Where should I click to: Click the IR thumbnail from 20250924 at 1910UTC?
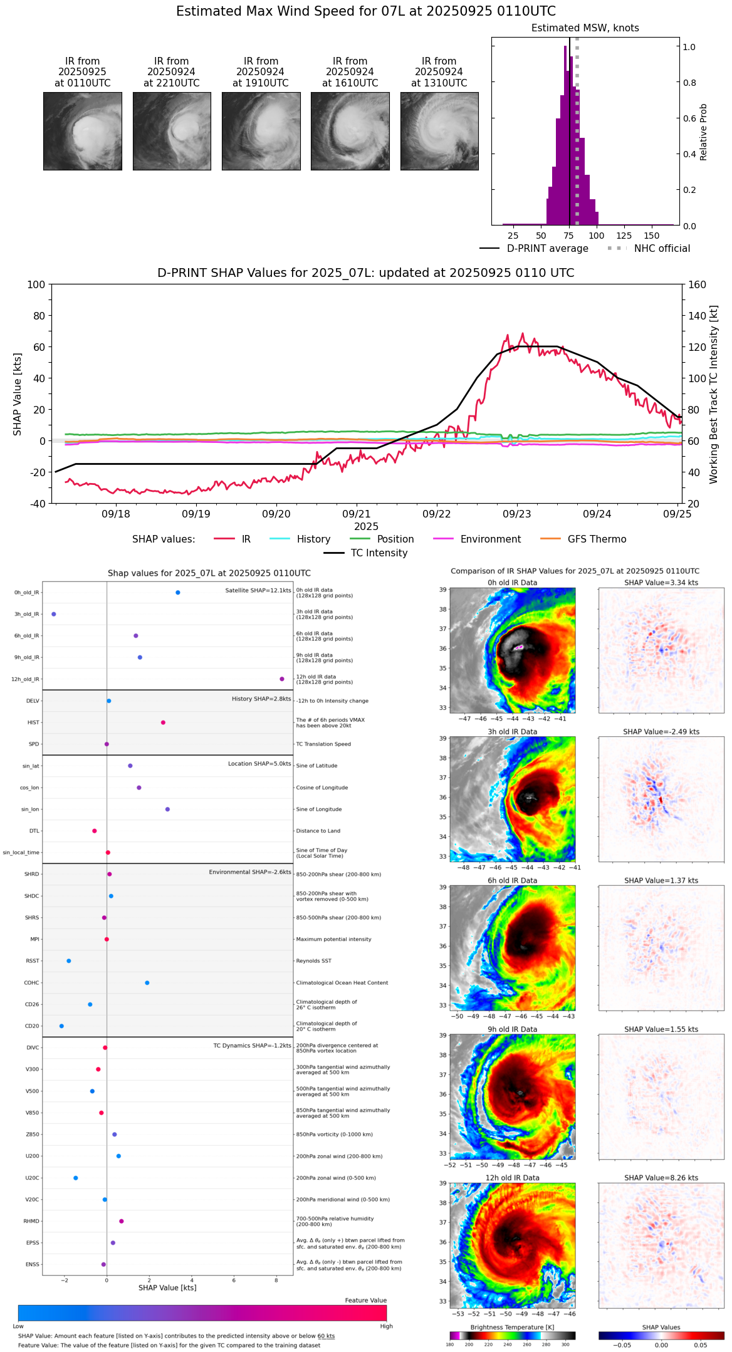(261, 131)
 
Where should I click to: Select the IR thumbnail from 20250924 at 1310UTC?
(439, 131)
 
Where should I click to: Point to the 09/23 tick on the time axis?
(516, 514)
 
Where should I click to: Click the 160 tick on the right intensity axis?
(698, 284)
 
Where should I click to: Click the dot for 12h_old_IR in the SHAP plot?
(282, 679)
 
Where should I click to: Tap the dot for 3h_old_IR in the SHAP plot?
(54, 614)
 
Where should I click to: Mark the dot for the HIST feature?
(163, 722)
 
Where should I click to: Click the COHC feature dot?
(147, 982)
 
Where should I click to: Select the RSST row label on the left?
(33, 961)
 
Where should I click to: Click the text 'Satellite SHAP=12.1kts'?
(258, 590)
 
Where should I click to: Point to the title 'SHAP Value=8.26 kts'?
(661, 1178)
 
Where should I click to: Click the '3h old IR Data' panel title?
(512, 732)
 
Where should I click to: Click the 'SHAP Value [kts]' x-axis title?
(167, 1287)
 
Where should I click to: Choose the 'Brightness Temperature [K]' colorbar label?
(512, 1327)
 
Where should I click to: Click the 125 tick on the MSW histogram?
(624, 236)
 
